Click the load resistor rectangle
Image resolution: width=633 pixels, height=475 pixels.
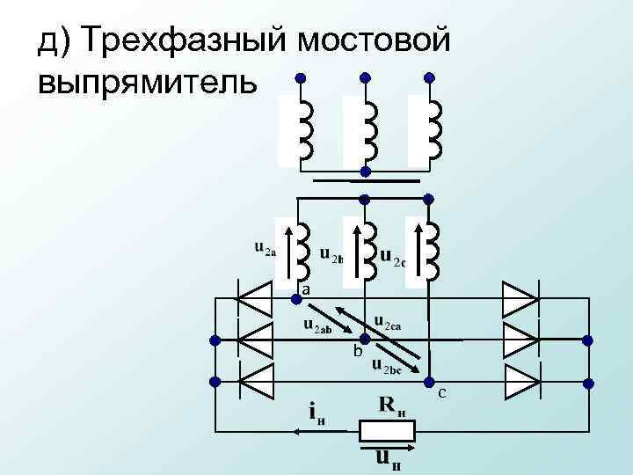(387, 431)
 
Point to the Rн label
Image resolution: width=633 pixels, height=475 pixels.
(393, 406)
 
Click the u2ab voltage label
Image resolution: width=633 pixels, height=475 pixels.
(317, 326)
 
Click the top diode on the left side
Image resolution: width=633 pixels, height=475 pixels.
(256, 298)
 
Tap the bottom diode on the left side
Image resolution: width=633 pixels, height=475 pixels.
(256, 382)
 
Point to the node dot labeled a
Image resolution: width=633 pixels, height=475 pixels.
(297, 299)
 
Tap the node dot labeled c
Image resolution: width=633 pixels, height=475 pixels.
(430, 380)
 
